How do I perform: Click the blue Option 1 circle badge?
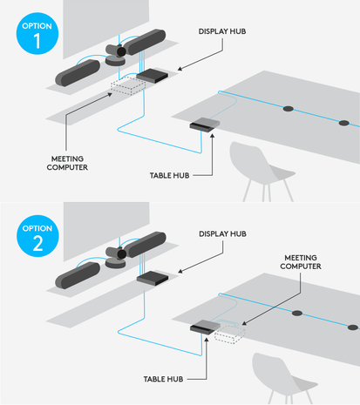[x=37, y=33]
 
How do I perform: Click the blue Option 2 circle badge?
[x=37, y=236]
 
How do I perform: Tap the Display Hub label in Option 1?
[x=222, y=31]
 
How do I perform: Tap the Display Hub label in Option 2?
[x=222, y=233]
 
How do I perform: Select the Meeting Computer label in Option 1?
[x=67, y=163]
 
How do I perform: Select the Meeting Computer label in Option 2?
[x=301, y=262]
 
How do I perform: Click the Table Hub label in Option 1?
[x=169, y=175]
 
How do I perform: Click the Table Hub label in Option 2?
[x=163, y=379]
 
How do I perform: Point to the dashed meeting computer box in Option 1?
[x=128, y=85]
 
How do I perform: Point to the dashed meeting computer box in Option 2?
[x=229, y=334]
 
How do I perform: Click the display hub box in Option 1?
[x=153, y=76]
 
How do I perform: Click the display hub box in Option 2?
[x=153, y=278]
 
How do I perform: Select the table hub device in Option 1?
[x=205, y=125]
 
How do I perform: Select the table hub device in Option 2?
[x=205, y=327]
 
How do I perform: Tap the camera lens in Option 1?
[x=121, y=51]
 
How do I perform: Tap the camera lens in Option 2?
[x=121, y=254]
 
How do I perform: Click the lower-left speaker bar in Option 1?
[x=78, y=73]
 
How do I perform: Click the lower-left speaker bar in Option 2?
[x=78, y=275]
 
